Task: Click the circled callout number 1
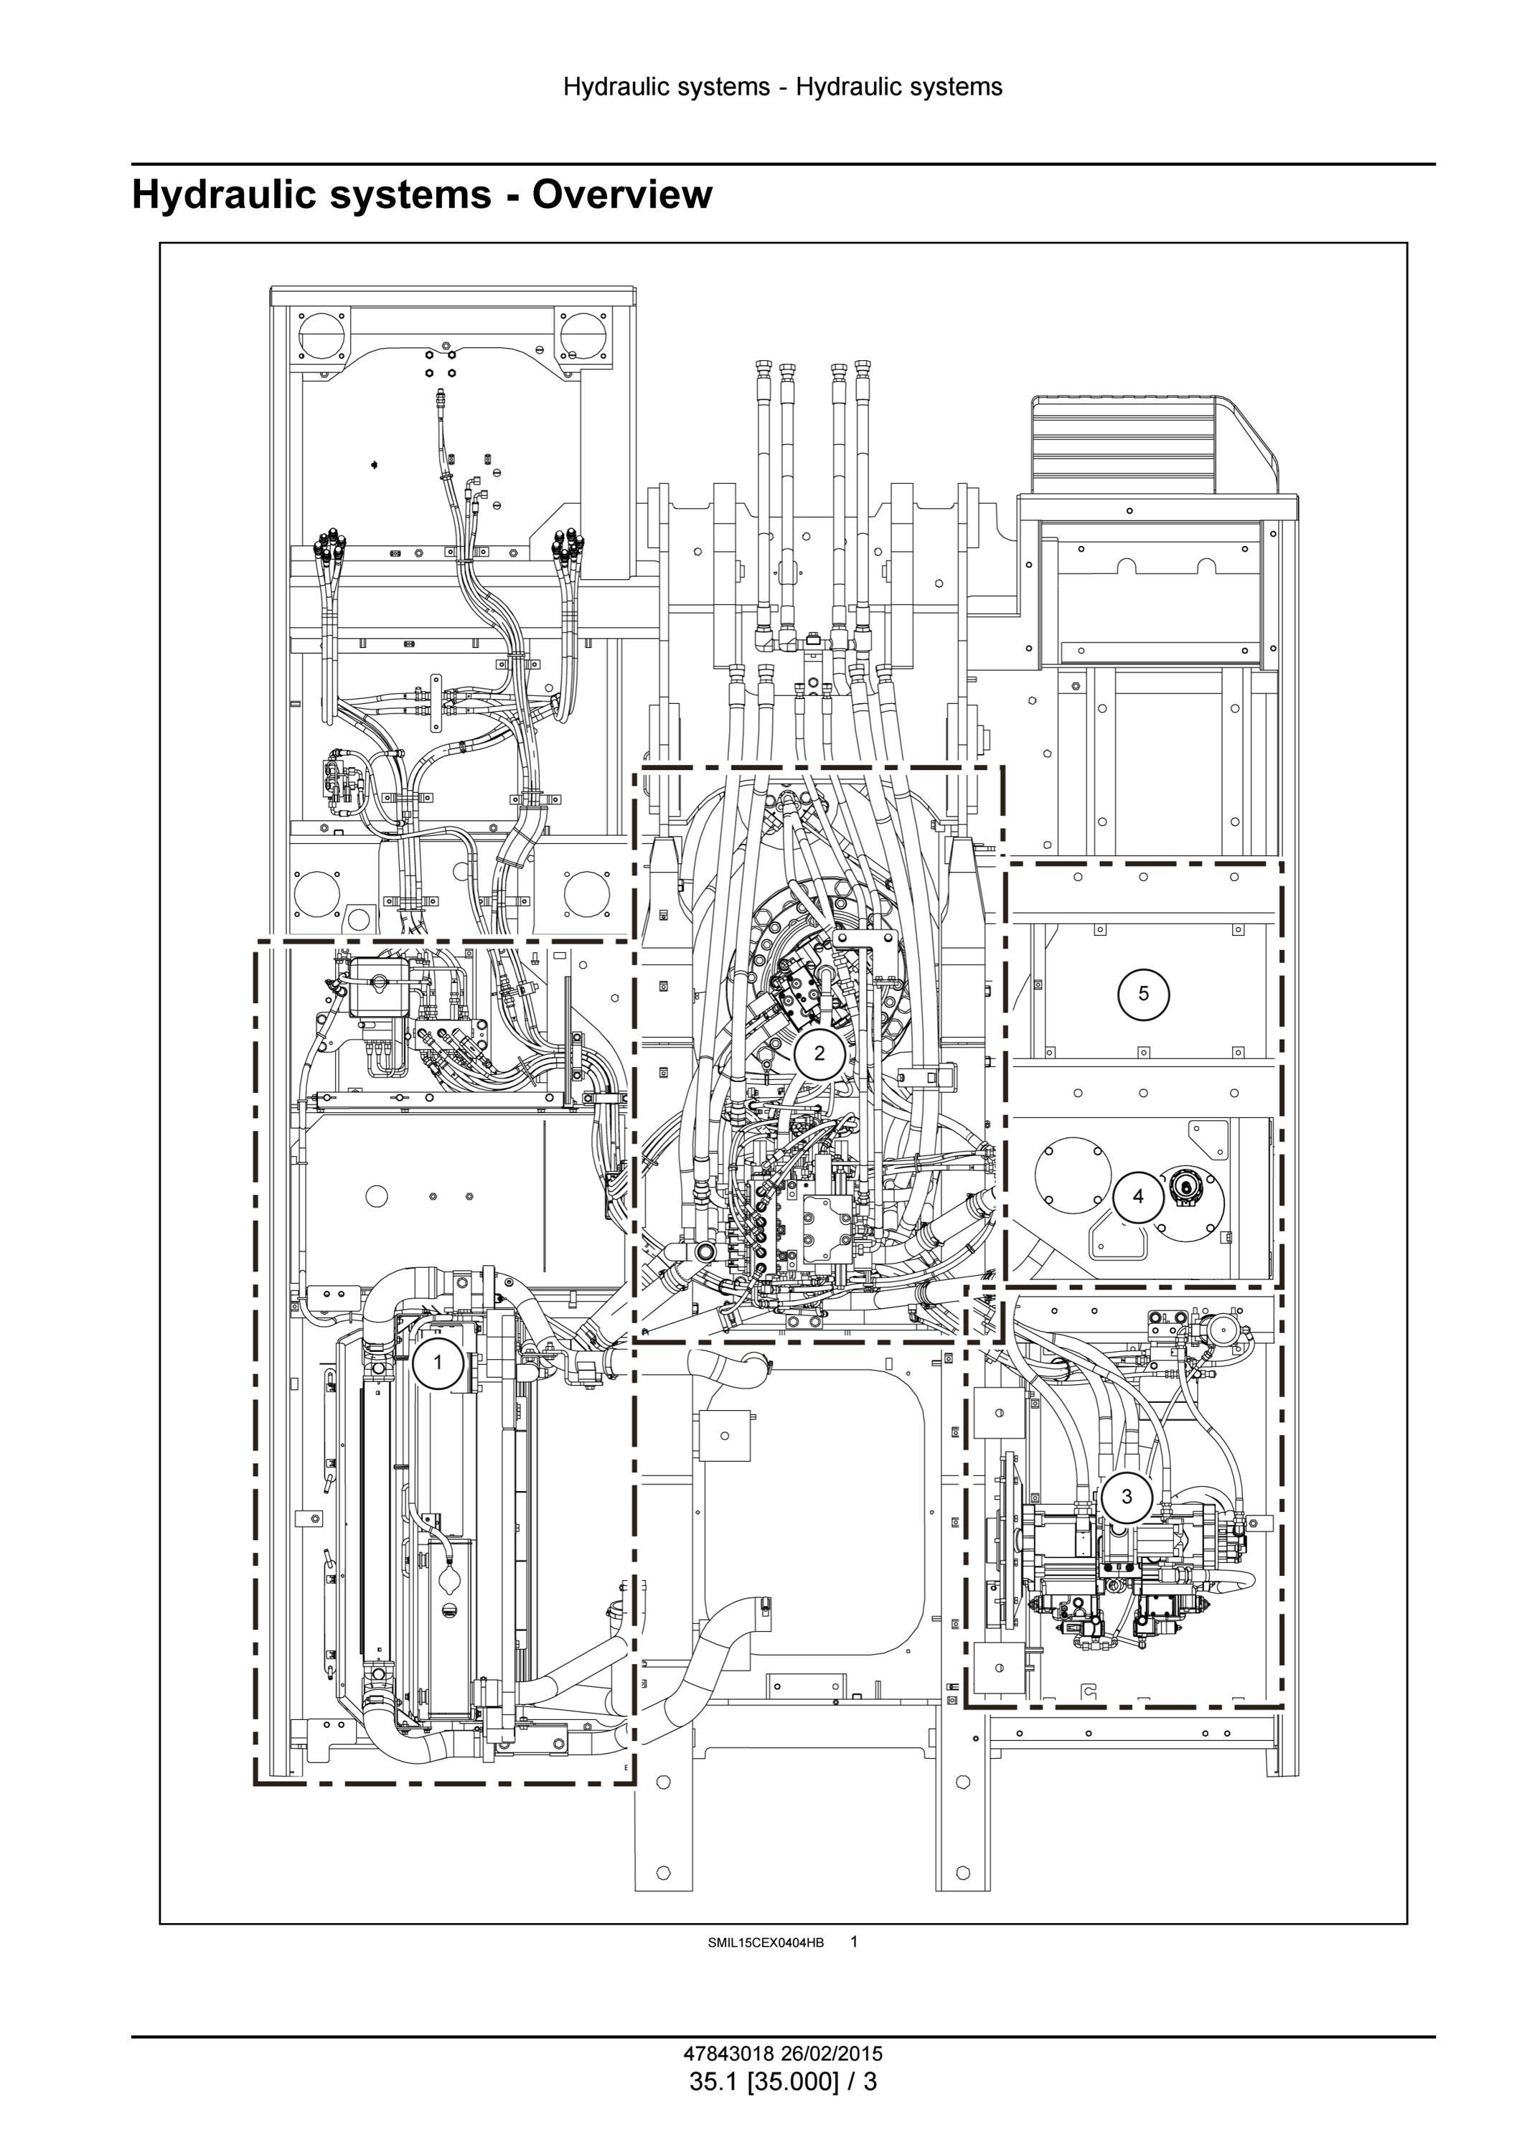coord(438,1363)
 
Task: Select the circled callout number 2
coord(819,1053)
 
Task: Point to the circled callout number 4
coord(1138,1197)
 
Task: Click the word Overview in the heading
coord(622,194)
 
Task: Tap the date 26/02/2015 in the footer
coord(830,2054)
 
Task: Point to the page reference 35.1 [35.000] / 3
coord(784,2082)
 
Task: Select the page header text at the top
coord(783,87)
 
